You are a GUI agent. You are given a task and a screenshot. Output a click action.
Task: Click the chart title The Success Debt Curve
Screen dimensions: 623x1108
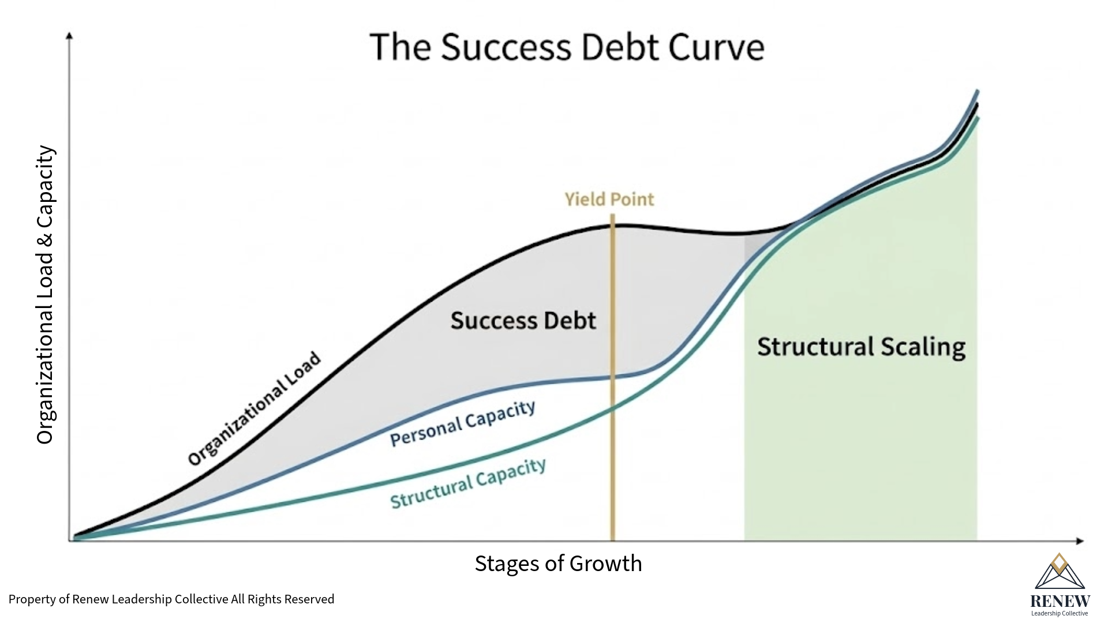click(567, 47)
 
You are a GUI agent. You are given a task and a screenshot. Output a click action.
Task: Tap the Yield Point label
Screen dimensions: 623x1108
click(609, 199)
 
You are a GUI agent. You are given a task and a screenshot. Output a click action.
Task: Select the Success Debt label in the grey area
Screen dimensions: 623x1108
click(523, 321)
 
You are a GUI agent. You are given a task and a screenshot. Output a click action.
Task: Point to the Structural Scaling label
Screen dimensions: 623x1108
click(861, 347)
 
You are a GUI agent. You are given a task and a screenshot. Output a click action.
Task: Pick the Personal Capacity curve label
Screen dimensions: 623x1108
click(463, 423)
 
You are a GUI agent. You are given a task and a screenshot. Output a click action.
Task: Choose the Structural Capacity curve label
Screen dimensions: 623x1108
click(468, 483)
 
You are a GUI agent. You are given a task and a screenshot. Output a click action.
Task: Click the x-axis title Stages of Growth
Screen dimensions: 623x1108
click(558, 564)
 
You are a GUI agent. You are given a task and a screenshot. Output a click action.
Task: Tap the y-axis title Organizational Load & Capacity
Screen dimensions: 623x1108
click(45, 294)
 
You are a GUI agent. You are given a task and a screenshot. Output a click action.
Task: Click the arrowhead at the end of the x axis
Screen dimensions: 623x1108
click(1080, 541)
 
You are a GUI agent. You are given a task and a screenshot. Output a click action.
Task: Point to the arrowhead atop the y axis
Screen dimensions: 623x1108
click(70, 36)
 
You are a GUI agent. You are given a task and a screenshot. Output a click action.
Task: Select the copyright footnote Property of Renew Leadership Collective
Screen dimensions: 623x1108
click(171, 599)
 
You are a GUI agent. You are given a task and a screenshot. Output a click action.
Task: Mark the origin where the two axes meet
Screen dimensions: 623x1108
click(70, 541)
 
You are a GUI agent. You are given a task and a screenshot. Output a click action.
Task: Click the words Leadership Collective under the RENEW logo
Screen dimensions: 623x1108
click(1060, 614)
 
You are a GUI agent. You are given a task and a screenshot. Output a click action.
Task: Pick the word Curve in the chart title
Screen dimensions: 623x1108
click(716, 47)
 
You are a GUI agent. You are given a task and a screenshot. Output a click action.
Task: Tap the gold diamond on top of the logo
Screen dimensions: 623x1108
click(1059, 562)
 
